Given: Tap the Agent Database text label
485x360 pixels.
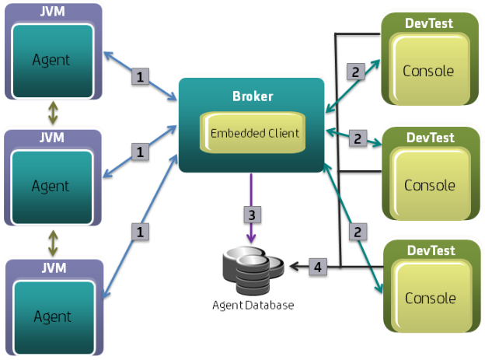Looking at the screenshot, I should (253, 306).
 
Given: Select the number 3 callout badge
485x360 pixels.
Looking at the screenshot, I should (250, 213).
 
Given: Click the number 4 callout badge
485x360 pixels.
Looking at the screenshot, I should (316, 267).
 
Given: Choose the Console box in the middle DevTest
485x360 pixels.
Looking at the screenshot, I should (428, 184).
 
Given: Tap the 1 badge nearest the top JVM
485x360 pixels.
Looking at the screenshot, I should (141, 76).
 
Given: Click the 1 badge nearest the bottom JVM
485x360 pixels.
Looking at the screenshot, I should (141, 231).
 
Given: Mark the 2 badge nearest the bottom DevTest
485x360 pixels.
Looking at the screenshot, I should (358, 231).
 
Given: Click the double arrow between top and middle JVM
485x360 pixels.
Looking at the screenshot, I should (53, 114).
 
